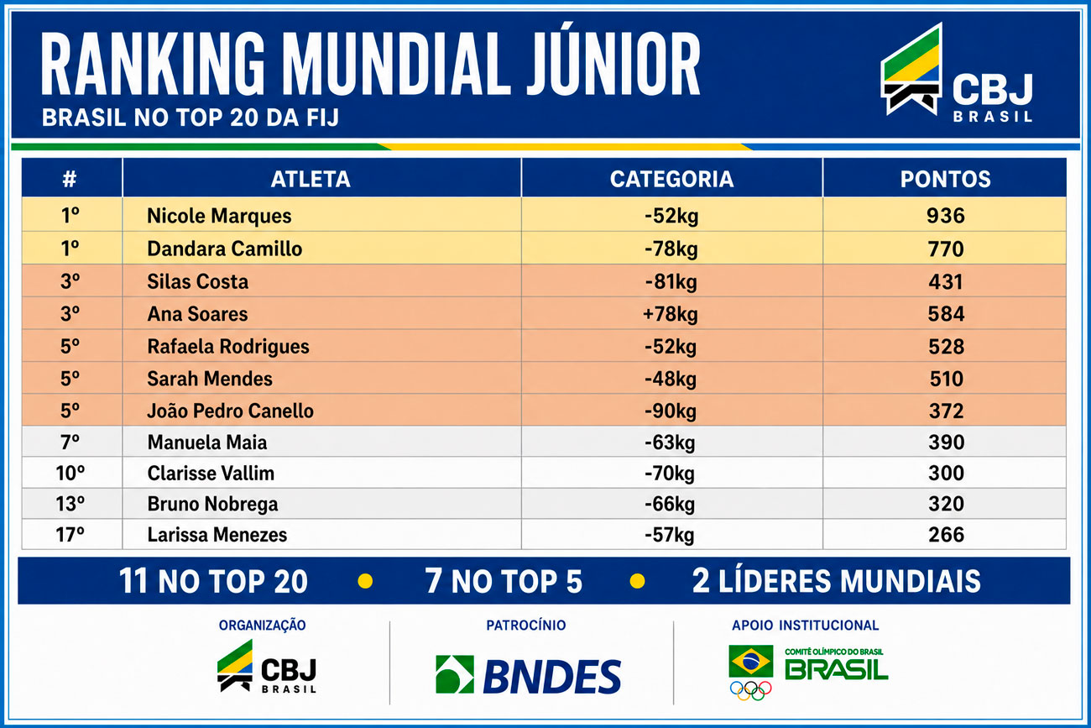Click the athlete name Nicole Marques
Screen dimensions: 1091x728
[219, 216]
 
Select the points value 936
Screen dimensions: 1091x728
[945, 216]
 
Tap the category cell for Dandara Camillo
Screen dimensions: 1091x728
[671, 249]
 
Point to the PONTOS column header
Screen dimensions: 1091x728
[945, 179]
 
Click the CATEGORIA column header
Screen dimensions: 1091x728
[671, 179]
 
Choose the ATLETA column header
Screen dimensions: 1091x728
[311, 179]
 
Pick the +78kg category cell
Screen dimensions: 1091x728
[671, 314]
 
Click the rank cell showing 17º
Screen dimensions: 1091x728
[70, 535]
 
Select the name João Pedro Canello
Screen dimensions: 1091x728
[231, 411]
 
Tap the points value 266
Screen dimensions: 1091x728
[946, 535]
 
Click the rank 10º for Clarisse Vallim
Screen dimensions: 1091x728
[70, 473]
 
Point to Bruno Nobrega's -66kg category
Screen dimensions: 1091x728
[670, 504]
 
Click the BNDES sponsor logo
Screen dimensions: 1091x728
[529, 675]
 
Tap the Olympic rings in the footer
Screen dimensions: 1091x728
[750, 690]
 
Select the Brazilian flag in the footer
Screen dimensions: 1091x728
[750, 661]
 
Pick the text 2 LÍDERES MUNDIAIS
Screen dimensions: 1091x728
[836, 581]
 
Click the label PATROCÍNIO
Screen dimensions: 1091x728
[526, 626]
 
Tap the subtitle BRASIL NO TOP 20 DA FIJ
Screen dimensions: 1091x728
[191, 118]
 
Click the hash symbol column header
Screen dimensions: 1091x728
[70, 179]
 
